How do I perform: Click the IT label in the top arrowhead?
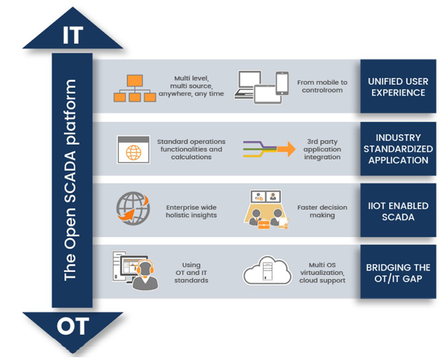tap(73, 35)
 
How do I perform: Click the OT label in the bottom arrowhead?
tap(73, 326)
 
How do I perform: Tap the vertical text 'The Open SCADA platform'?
tap(70, 181)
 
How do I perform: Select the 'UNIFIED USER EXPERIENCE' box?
tap(398, 86)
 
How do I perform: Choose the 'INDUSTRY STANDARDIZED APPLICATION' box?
tap(398, 149)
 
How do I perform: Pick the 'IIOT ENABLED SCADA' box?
tap(398, 210)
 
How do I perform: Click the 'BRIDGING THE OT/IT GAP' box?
tap(398, 272)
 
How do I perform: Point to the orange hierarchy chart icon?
tap(135, 88)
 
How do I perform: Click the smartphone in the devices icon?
tap(282, 83)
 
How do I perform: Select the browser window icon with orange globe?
tap(133, 149)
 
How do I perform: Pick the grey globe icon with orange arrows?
tap(133, 208)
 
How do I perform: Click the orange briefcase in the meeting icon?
tap(264, 224)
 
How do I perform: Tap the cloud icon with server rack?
tap(268, 270)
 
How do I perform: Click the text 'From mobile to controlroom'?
tap(322, 86)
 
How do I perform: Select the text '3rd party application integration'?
tap(322, 149)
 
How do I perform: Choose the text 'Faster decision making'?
tap(322, 211)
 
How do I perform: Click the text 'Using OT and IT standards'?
tap(191, 272)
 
